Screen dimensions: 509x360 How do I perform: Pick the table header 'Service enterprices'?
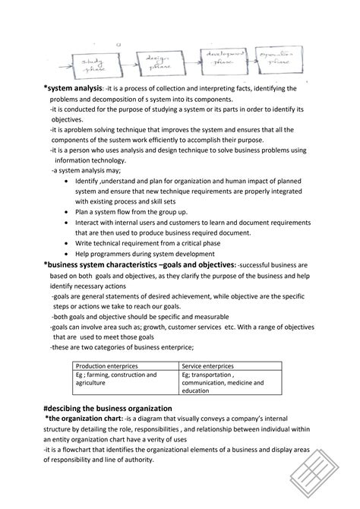tap(208, 366)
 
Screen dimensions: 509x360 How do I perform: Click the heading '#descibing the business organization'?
tap(108, 409)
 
